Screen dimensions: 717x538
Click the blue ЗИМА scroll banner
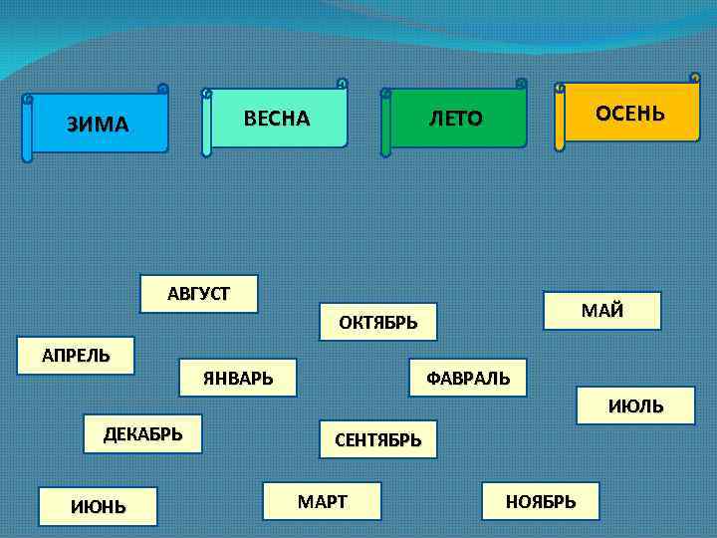click(x=98, y=125)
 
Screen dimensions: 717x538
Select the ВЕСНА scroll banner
click(x=277, y=119)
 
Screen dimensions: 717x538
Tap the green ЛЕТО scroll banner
click(x=456, y=120)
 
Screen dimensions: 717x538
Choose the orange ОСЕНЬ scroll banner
click(x=629, y=113)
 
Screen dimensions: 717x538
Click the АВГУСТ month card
click(x=199, y=293)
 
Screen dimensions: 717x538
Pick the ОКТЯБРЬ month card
click(x=378, y=322)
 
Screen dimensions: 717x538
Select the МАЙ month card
click(x=602, y=310)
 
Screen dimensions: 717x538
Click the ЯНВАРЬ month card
click(x=238, y=378)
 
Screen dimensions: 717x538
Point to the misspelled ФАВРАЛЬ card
click(x=468, y=378)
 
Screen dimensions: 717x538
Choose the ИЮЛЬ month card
click(x=635, y=406)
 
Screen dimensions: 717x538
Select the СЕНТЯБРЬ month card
click(x=378, y=439)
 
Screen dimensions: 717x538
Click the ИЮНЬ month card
click(x=99, y=506)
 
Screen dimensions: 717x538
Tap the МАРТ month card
click(x=323, y=501)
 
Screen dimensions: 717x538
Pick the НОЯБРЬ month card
click(x=541, y=501)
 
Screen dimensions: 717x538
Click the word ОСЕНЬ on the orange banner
click(x=629, y=113)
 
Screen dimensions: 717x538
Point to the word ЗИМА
click(x=98, y=125)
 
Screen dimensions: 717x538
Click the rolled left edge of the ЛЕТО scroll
click(x=385, y=125)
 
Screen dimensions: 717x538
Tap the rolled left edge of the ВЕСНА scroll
click(x=207, y=124)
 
